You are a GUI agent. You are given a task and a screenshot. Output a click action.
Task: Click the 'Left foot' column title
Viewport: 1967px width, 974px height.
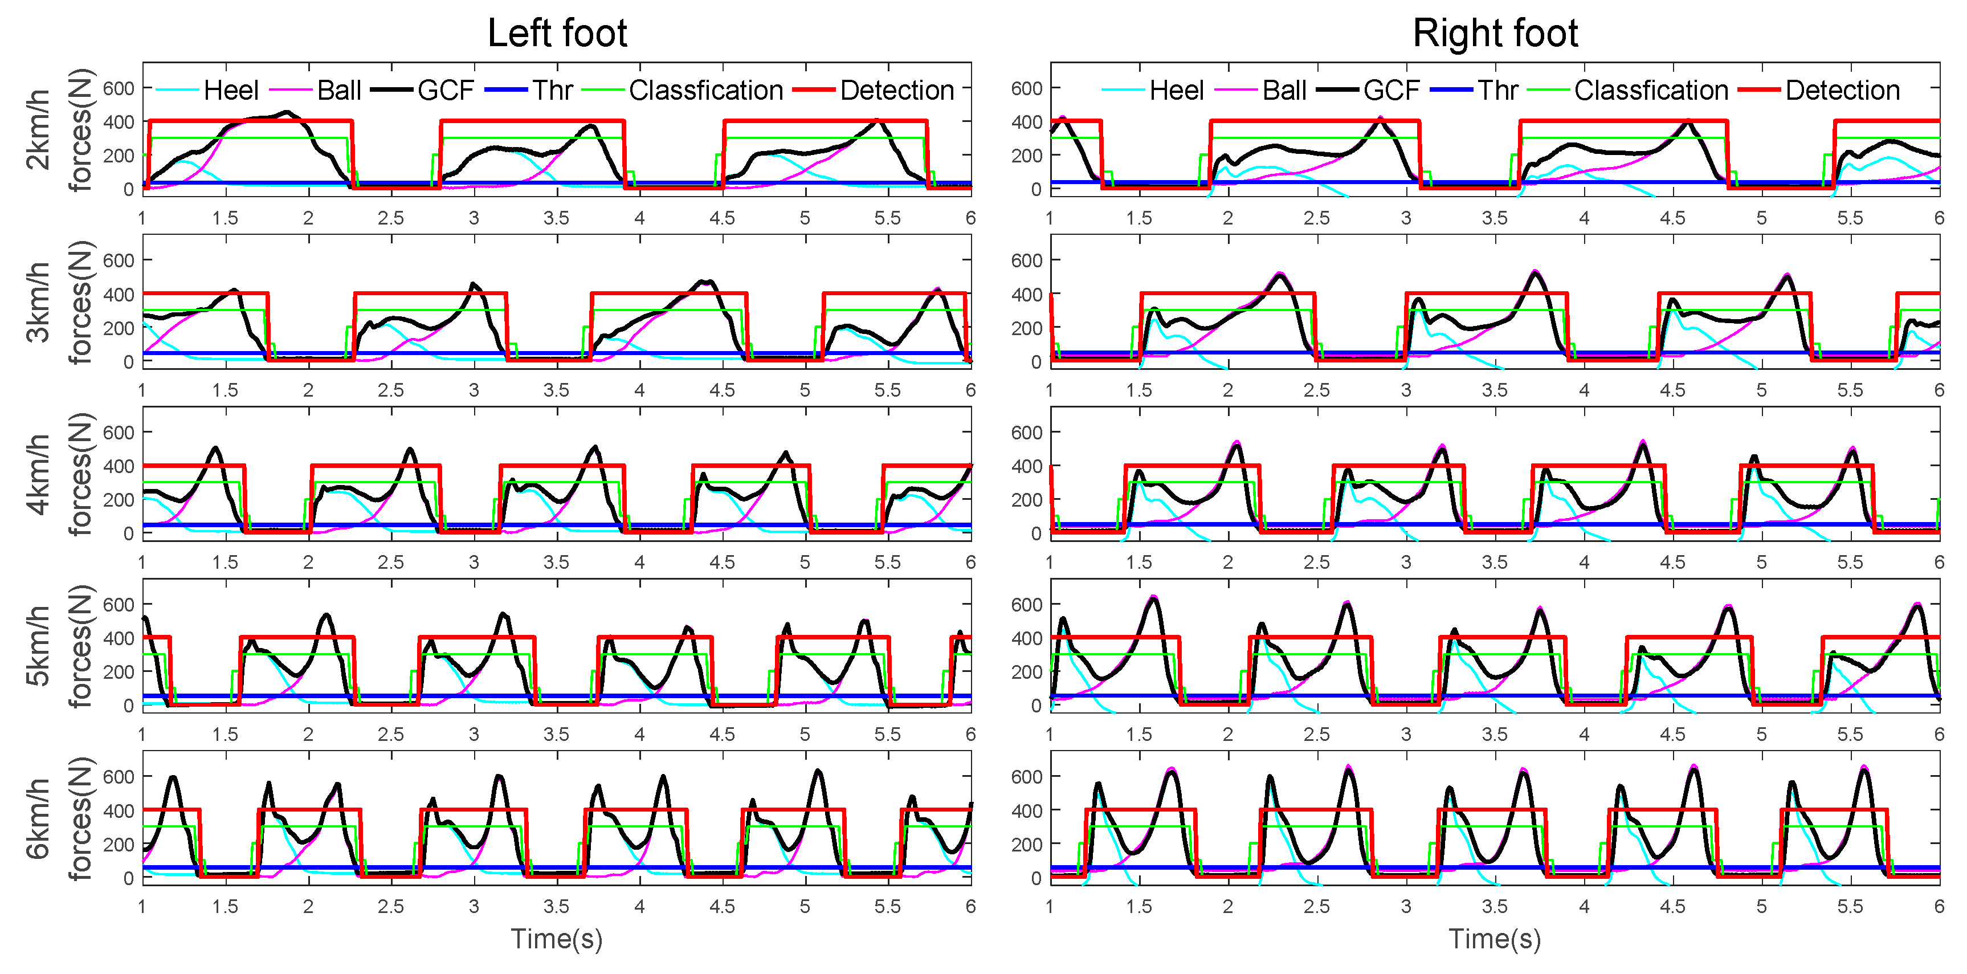coord(557,34)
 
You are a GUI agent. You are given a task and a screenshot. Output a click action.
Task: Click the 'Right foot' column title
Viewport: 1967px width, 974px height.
coord(1495,34)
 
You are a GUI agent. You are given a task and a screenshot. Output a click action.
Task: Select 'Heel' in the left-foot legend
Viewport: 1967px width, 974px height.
coord(231,90)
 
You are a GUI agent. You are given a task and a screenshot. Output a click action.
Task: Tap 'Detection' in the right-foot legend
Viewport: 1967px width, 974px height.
coord(1842,90)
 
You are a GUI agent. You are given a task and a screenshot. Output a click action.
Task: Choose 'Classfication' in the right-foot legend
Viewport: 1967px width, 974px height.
coord(1650,90)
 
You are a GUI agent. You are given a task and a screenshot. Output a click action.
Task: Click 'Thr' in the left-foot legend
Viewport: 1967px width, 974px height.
coord(552,90)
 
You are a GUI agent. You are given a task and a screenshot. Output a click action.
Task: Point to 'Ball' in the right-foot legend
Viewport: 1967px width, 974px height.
coord(1284,90)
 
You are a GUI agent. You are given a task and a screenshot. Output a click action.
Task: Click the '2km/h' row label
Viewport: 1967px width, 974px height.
coord(38,129)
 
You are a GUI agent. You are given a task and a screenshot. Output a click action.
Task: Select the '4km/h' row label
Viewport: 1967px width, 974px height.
coord(38,474)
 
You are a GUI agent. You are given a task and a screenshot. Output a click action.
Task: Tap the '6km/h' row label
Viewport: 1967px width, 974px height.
coord(38,818)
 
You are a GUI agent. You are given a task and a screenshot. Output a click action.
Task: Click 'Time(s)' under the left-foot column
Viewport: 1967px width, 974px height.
coord(557,938)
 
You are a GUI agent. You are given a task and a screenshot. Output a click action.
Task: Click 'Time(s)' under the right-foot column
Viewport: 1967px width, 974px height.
coord(1495,938)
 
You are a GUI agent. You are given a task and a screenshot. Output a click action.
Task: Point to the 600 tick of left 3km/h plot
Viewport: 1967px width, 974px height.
coord(119,260)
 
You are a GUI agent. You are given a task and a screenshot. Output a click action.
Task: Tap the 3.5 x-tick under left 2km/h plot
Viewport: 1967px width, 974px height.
coord(556,218)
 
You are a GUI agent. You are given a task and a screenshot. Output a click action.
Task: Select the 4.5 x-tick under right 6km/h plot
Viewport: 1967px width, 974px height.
coord(1672,907)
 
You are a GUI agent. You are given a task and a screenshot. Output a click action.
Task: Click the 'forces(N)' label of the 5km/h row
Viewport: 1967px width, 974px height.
coord(80,646)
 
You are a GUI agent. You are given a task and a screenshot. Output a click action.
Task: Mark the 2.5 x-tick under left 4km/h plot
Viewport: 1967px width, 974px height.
coord(390,563)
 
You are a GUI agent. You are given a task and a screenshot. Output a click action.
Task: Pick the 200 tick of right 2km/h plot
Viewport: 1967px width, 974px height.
coord(1026,156)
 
